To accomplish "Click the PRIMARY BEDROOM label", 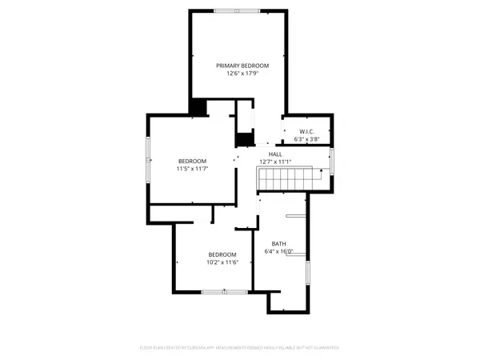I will (x=242, y=65).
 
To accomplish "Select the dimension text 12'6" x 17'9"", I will (x=242, y=74).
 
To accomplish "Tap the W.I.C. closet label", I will (x=307, y=131).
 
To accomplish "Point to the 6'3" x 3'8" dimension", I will (x=307, y=139).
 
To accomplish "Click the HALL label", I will (x=275, y=154).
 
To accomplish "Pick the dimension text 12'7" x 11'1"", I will (x=275, y=162).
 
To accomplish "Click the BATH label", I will (x=278, y=243).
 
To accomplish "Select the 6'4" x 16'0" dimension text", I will (x=278, y=251).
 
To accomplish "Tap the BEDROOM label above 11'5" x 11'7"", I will (x=192, y=161).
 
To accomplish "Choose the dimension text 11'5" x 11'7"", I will (x=192, y=169).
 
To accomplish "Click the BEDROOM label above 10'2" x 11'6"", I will (x=222, y=254).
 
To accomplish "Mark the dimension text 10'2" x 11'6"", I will (x=222, y=262).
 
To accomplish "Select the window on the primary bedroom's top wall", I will (x=237, y=11).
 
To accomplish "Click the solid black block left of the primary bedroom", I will (x=198, y=107).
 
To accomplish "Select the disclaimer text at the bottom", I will (x=240, y=348).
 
